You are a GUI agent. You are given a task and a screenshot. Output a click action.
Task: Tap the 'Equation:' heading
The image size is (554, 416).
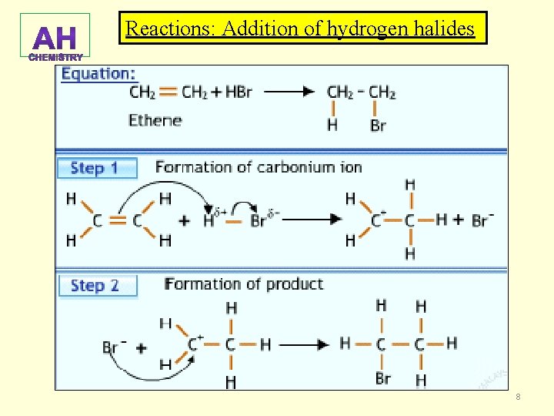click(x=98, y=74)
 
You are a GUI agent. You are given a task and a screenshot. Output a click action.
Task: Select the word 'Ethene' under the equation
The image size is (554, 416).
click(x=155, y=120)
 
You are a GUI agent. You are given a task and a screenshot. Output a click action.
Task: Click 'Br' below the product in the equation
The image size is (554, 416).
click(x=378, y=126)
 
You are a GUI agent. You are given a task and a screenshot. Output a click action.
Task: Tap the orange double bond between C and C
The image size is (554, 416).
click(x=117, y=220)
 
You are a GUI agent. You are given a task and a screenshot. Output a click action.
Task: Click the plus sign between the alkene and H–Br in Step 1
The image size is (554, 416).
click(x=184, y=220)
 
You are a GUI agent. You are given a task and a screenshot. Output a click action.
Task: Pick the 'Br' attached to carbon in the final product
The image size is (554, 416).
click(x=382, y=378)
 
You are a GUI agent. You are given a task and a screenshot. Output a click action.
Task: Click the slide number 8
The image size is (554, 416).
click(x=518, y=397)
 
